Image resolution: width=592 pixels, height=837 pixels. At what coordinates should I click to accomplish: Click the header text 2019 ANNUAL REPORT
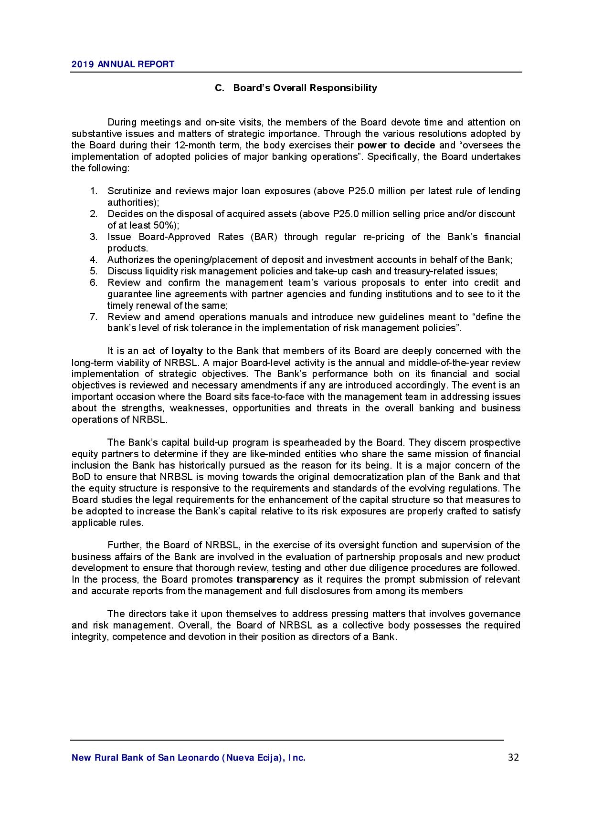point(123,64)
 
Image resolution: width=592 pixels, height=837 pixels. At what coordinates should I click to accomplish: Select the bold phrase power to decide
point(396,145)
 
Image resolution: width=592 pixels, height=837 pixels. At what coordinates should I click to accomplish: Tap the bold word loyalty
point(187,351)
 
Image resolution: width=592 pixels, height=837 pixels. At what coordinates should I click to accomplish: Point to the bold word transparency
point(267,580)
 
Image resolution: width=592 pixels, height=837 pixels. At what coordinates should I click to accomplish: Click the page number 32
point(513,757)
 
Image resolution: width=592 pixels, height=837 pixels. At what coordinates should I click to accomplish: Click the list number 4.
point(94,260)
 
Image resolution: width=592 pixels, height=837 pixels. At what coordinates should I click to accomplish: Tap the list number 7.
point(94,317)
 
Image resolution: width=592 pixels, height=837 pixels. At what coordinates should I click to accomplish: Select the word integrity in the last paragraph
point(90,637)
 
